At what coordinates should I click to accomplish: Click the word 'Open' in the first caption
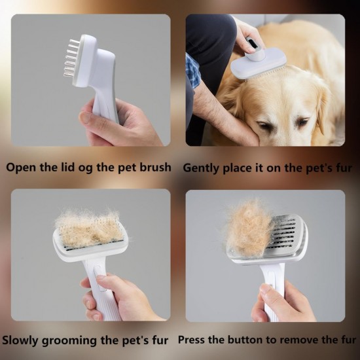(21, 168)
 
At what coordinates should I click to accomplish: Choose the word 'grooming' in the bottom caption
(69, 341)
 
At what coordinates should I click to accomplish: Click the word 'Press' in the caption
(191, 340)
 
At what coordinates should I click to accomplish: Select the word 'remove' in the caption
(299, 340)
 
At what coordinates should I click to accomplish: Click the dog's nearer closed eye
(264, 124)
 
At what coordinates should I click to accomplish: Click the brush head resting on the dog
(258, 65)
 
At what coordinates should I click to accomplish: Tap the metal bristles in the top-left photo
(71, 58)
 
